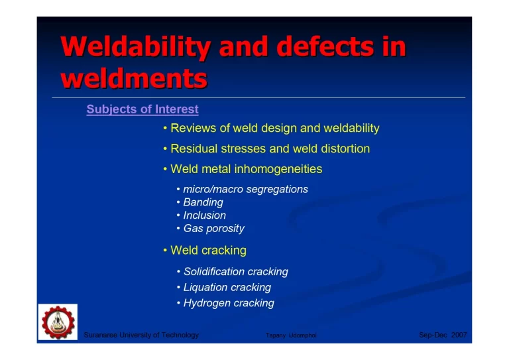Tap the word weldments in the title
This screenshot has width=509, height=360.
pos(133,78)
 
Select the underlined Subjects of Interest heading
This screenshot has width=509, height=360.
pos(142,109)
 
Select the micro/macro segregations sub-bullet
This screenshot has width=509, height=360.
pos(245,190)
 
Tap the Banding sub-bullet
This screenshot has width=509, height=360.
pos(203,202)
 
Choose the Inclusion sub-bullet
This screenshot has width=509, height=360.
pos(204,215)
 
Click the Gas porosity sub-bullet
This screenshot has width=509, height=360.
pos(213,229)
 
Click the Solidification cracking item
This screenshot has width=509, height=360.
pos(235,272)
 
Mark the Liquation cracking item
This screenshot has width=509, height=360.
pos(227,288)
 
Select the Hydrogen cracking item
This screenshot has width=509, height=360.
pos(228,303)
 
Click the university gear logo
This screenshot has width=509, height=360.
pos(58,323)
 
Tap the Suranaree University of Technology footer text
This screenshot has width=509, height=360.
pos(141,335)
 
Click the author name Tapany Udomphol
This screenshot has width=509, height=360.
pos(291,336)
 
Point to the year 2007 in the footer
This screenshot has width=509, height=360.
pos(459,335)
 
